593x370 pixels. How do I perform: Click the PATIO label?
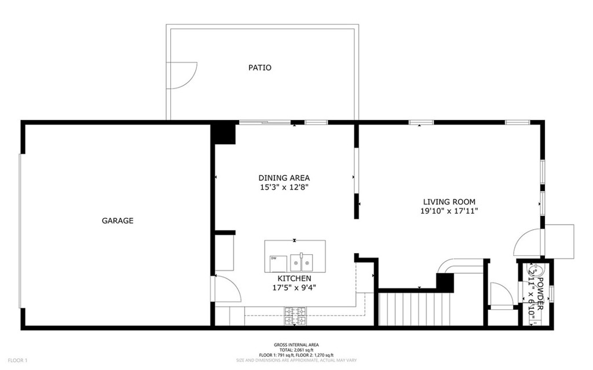(260, 68)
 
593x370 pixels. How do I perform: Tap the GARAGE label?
(118, 221)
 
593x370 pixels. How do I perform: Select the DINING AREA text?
(284, 178)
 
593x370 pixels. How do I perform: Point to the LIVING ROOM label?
(449, 202)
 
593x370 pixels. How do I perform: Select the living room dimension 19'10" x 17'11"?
(449, 211)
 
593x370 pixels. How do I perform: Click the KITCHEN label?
(294, 279)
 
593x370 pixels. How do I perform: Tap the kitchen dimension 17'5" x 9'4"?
(294, 288)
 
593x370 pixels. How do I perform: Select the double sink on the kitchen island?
(301, 262)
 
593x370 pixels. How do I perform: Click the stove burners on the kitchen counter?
(296, 316)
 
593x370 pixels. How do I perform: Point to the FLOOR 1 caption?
(18, 361)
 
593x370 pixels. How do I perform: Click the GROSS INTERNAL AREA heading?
(296, 345)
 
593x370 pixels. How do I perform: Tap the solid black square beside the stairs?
(445, 282)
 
